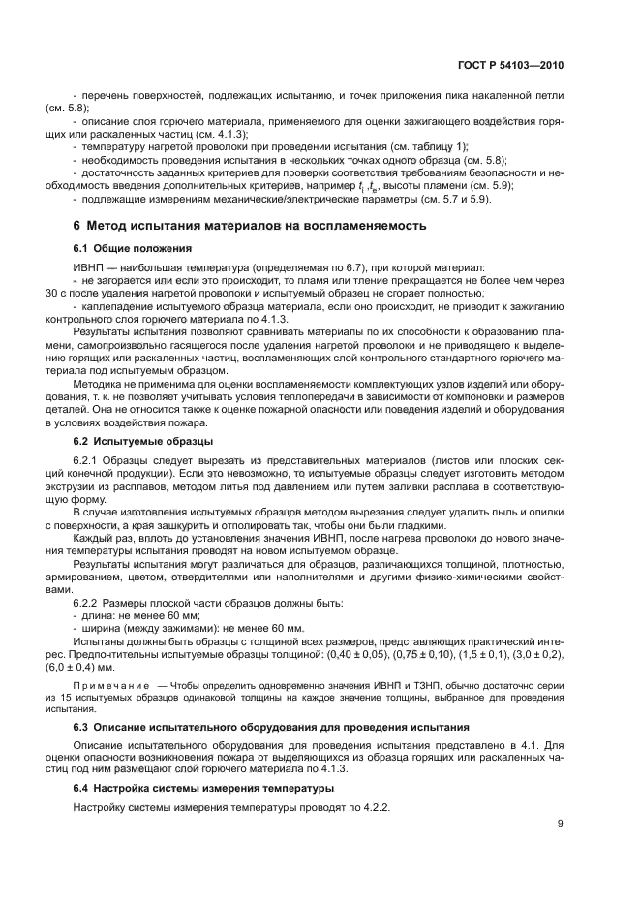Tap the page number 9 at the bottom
[x=560, y=825]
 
